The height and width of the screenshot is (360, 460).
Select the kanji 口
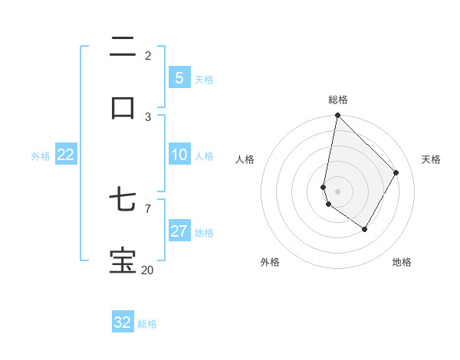(x=123, y=107)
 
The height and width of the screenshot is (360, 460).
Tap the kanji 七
(x=123, y=201)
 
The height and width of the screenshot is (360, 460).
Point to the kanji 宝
(x=123, y=260)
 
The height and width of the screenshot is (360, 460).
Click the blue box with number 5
(x=179, y=77)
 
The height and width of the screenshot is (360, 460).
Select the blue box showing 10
(x=179, y=155)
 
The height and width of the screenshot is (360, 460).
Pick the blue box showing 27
(x=179, y=231)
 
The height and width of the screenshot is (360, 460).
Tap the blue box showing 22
(x=66, y=155)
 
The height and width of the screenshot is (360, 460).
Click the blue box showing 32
(x=123, y=322)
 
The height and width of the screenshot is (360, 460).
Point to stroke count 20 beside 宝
(x=147, y=270)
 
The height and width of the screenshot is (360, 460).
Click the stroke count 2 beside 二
(x=148, y=55)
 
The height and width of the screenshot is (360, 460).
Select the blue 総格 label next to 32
(x=147, y=324)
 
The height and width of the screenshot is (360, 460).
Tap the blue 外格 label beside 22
(x=41, y=156)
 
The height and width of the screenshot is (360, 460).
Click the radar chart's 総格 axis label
(x=337, y=100)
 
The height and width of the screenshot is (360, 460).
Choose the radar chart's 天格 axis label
(x=431, y=159)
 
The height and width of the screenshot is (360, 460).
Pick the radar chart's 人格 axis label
(x=245, y=159)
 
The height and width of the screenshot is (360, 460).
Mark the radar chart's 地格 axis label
(x=402, y=262)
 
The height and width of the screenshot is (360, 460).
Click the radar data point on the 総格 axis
(x=337, y=116)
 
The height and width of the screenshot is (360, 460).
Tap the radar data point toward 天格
(x=396, y=172)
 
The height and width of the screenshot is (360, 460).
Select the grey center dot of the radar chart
(x=337, y=191)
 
